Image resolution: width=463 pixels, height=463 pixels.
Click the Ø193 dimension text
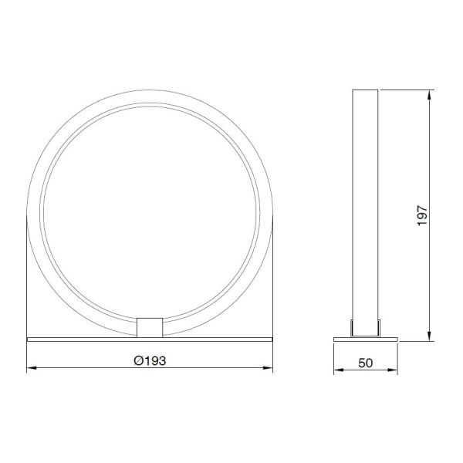[x=150, y=360]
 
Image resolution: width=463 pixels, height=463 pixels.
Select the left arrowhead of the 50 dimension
[x=337, y=370]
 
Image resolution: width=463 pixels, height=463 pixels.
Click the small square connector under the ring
[x=150, y=326]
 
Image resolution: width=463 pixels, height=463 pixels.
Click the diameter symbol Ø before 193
[x=137, y=360]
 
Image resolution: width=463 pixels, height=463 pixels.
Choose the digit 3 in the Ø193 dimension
[x=163, y=360]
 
